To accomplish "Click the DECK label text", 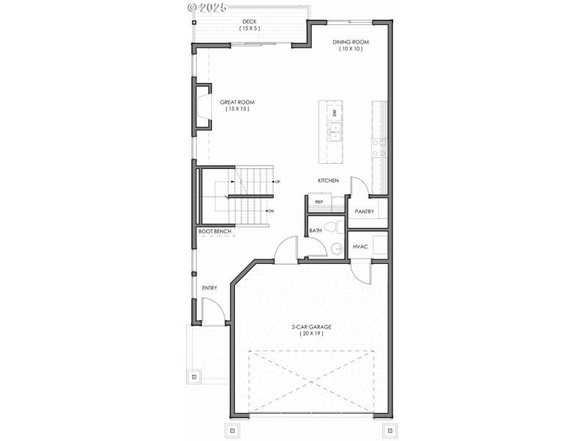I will pyautogui.click(x=249, y=22).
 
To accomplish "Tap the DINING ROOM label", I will pyautogui.click(x=350, y=42).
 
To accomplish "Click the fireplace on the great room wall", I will pyautogui.click(x=202, y=109).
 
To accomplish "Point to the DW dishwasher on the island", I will pyautogui.click(x=335, y=112).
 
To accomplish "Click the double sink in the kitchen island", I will pyautogui.click(x=335, y=132).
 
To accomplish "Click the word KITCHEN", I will pyautogui.click(x=328, y=180).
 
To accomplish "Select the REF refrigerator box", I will pyautogui.click(x=319, y=201).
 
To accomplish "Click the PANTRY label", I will pyautogui.click(x=365, y=212).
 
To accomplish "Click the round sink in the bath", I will pyautogui.click(x=337, y=248).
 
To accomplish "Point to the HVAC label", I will pyautogui.click(x=360, y=246).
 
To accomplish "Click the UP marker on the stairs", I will pyautogui.click(x=277, y=182).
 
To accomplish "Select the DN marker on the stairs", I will pyautogui.click(x=270, y=211).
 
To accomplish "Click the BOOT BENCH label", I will pyautogui.click(x=215, y=232).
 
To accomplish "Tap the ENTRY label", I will pyautogui.click(x=210, y=287).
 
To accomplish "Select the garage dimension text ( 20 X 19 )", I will pyautogui.click(x=311, y=334).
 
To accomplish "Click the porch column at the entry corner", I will pyautogui.click(x=194, y=377).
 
